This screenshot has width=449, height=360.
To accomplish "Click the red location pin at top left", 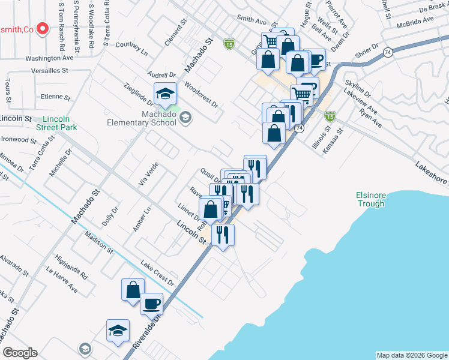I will [x=42, y=28].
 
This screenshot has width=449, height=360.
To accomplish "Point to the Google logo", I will [x=20, y=353].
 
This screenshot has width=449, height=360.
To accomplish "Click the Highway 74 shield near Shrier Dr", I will [x=389, y=52].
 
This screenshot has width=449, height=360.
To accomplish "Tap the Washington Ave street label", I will [x=49, y=59].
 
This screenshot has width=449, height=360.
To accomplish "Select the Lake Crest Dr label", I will [x=157, y=273].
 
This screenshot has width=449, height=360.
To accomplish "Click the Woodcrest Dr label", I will [x=201, y=94].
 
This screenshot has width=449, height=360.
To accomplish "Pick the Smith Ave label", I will [x=251, y=19].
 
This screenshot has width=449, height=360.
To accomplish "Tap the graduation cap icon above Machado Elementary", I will [x=165, y=93].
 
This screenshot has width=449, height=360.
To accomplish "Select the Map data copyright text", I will [x=412, y=355].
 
